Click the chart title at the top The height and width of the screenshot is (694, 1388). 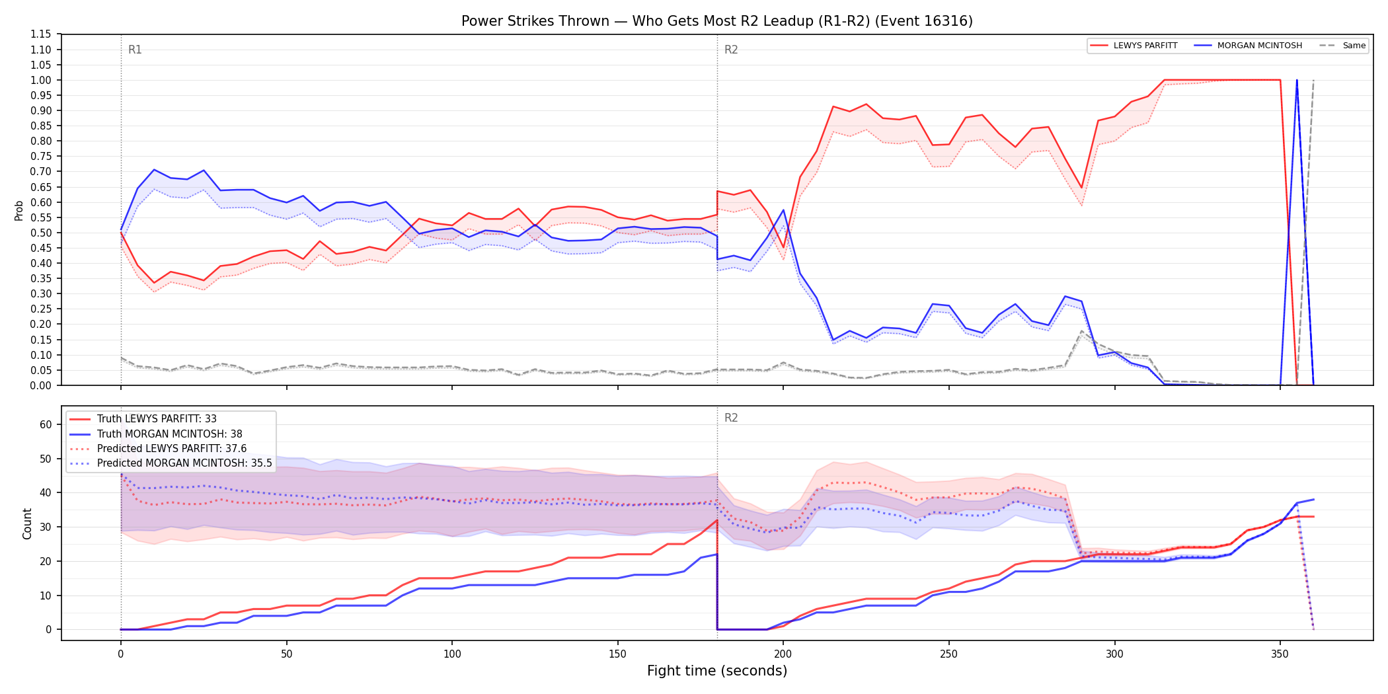pyautogui.click(x=717, y=21)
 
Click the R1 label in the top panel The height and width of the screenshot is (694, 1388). pyautogui.click(x=135, y=50)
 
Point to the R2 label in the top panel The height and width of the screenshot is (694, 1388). pyautogui.click(x=731, y=50)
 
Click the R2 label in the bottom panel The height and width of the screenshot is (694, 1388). pyautogui.click(x=731, y=418)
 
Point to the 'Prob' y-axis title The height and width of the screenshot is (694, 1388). pyautogui.click(x=19, y=210)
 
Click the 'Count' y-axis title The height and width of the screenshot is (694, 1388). pyautogui.click(x=27, y=523)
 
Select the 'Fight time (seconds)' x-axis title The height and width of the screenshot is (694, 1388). pyautogui.click(x=717, y=671)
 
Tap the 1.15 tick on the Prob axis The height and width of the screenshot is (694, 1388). pyautogui.click(x=41, y=34)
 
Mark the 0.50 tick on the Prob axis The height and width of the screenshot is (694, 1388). pyautogui.click(x=41, y=233)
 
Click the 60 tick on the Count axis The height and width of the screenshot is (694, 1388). pyautogui.click(x=46, y=425)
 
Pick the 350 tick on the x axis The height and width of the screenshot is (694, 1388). pyautogui.click(x=1280, y=654)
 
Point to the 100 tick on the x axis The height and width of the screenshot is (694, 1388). pyautogui.click(x=452, y=654)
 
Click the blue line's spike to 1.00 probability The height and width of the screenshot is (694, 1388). pyautogui.click(x=1297, y=81)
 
